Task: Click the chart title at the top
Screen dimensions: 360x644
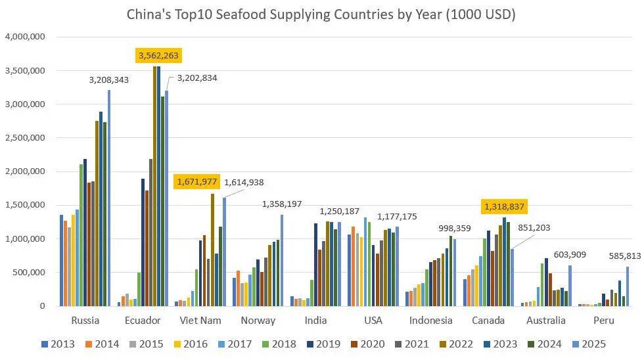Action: [x=321, y=14]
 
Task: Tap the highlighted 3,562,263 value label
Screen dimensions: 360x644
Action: [x=158, y=56]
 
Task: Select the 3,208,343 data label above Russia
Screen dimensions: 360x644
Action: [x=109, y=80]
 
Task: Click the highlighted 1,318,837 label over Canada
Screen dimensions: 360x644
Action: [x=505, y=206]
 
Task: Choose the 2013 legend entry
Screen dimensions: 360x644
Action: [x=58, y=344]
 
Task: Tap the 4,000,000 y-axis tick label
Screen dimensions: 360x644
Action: [x=24, y=37]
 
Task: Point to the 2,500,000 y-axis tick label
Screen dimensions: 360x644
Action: [x=24, y=138]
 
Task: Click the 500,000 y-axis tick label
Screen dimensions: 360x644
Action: [x=29, y=273]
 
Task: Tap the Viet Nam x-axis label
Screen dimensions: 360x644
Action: [x=201, y=321]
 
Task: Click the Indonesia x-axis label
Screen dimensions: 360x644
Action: [x=431, y=321]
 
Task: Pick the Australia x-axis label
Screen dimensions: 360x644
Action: [x=546, y=321]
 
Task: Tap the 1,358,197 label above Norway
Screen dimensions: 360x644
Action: [x=282, y=204]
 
